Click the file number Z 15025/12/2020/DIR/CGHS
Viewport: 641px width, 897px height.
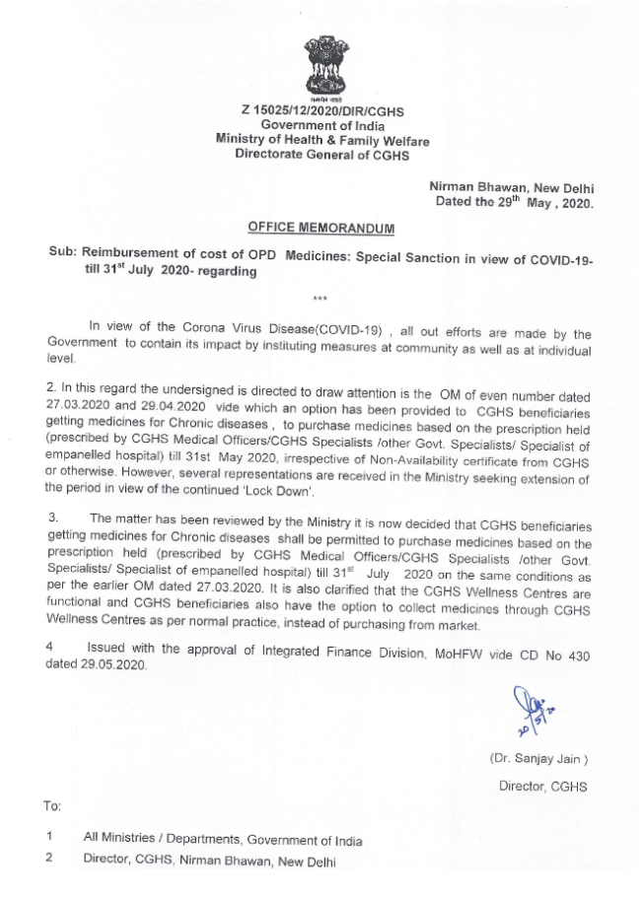tap(322, 111)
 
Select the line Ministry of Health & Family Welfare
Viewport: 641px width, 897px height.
tap(322, 141)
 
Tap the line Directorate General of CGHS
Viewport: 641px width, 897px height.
tap(322, 155)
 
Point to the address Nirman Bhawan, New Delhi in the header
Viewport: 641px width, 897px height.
tap(511, 186)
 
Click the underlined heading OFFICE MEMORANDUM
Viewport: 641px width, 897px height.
tap(320, 228)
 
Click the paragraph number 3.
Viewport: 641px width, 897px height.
tap(51, 517)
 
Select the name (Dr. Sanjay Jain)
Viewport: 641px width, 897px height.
tap(538, 759)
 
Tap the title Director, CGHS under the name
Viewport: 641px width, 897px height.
tap(541, 786)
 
